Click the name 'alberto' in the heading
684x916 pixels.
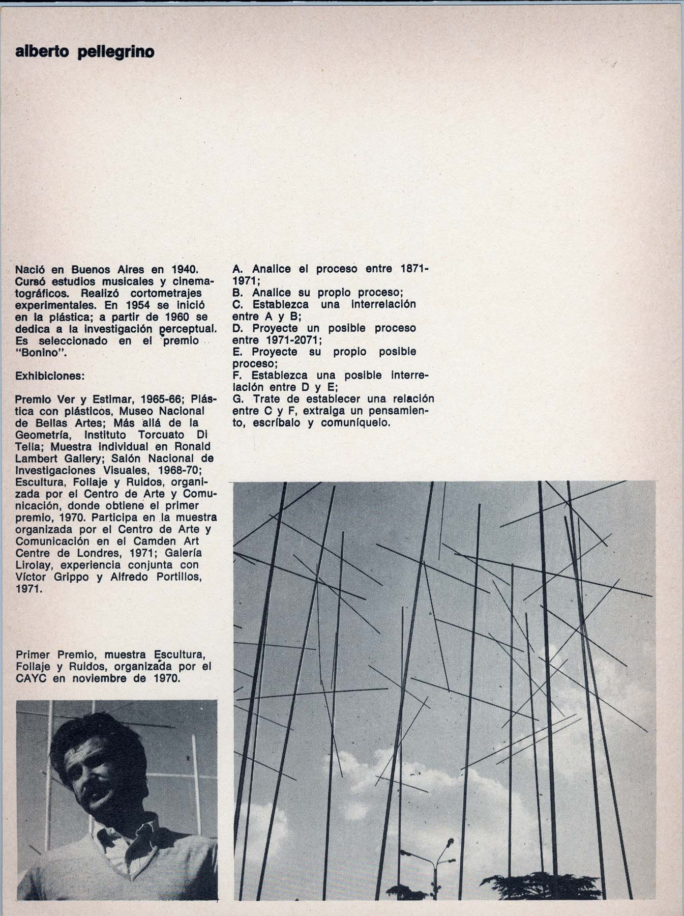(39, 52)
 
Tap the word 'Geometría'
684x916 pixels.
(43, 435)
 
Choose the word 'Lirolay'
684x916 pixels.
(34, 565)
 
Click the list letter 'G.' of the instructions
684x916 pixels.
(238, 398)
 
